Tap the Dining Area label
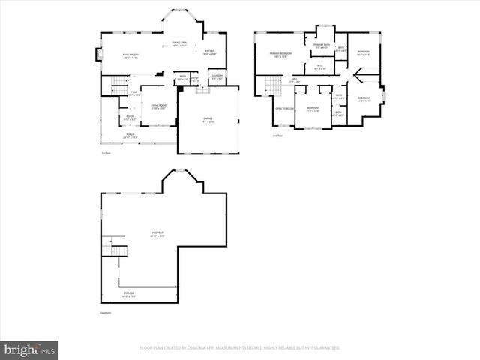(x=178, y=44)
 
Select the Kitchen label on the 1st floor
(x=210, y=52)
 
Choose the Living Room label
(x=158, y=106)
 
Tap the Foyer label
(x=130, y=117)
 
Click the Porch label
(x=130, y=135)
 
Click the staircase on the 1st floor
(x=120, y=88)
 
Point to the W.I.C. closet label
(x=319, y=67)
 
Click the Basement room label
(x=157, y=234)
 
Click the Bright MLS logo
(x=30, y=349)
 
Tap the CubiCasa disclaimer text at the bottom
(x=239, y=348)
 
